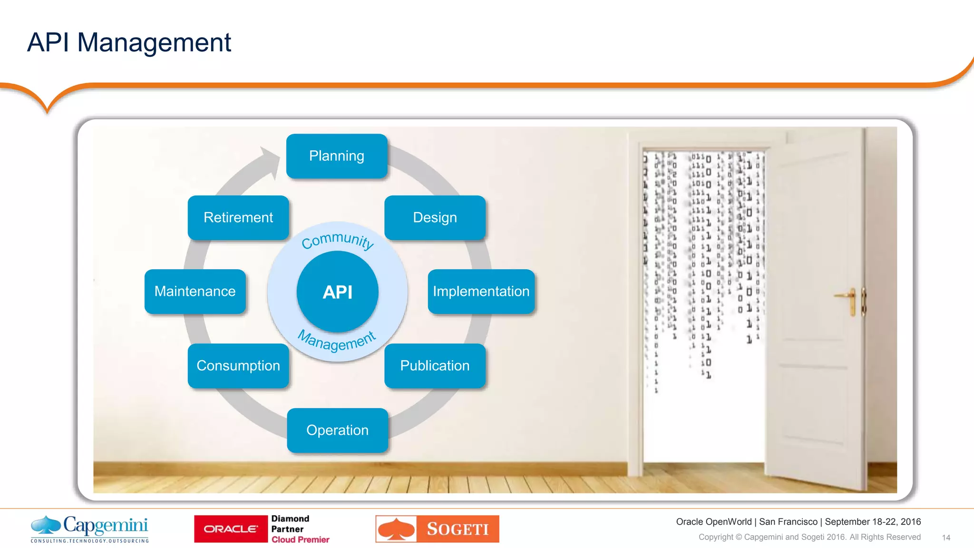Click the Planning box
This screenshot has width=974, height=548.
tap(337, 156)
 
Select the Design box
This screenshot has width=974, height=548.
tap(435, 217)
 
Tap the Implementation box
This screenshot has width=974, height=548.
tap(481, 291)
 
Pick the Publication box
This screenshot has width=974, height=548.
tap(435, 365)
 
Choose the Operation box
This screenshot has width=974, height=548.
tap(337, 430)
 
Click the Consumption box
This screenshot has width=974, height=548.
tap(238, 365)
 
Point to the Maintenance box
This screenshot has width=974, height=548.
tap(195, 291)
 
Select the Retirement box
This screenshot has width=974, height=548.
tap(238, 217)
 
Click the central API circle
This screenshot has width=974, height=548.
tap(337, 292)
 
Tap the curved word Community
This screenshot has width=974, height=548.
tap(338, 239)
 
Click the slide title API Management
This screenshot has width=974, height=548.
tap(129, 42)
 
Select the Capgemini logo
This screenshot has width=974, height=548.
tap(90, 528)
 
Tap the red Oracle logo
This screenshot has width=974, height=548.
tap(231, 529)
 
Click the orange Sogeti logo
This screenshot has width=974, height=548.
tap(437, 529)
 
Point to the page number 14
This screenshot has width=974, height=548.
tap(945, 538)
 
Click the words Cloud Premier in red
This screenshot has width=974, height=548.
tap(300, 539)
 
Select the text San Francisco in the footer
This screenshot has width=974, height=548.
tap(788, 522)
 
